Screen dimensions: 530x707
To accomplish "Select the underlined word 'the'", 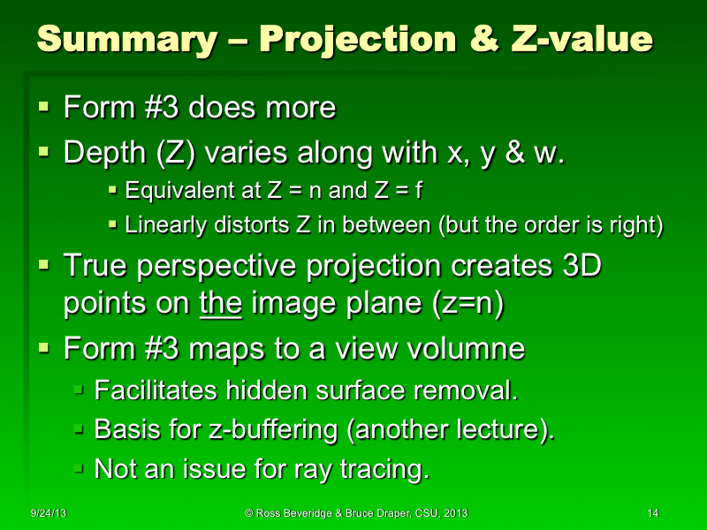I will coord(215,304).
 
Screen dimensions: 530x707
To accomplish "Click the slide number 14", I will coord(653,513).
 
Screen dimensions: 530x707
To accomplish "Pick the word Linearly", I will coord(162,224).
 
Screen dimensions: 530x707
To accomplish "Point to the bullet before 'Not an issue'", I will coord(78,469).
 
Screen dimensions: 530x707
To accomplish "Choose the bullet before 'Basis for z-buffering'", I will coord(78,429).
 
